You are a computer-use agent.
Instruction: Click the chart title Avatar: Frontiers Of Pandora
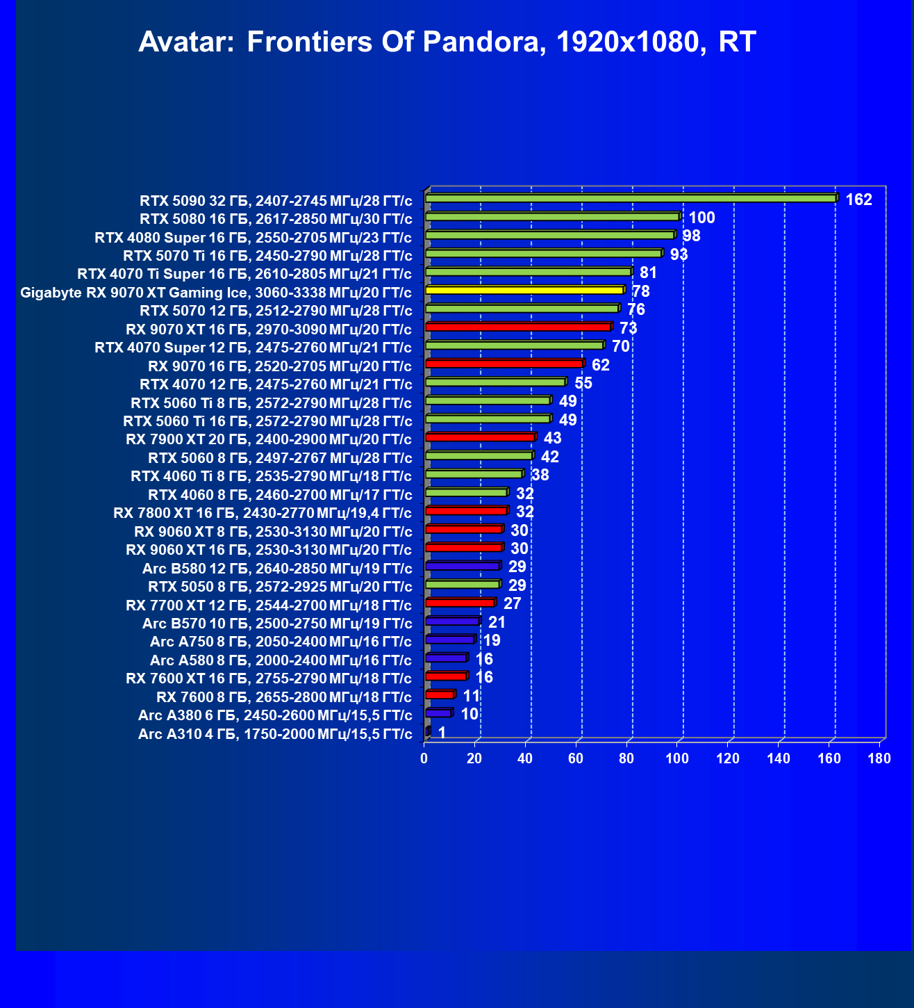(447, 42)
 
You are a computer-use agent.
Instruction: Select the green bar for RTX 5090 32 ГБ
(631, 199)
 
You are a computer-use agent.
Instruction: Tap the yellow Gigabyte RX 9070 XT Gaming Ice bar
(524, 291)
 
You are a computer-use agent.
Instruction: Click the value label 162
(858, 200)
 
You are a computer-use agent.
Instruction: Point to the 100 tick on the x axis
(677, 758)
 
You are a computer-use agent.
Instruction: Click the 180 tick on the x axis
(879, 758)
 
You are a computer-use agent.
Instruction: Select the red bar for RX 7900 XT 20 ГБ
(480, 437)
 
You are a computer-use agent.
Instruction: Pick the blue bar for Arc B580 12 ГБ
(462, 567)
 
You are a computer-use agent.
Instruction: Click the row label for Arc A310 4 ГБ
(275, 734)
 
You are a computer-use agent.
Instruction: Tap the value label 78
(641, 292)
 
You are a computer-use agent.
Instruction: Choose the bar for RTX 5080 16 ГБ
(552, 217)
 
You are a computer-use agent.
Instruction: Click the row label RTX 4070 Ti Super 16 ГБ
(244, 274)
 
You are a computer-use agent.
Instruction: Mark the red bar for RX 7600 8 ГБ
(439, 695)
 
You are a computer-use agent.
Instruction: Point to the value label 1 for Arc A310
(442, 733)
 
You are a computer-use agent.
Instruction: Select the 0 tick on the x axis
(424, 758)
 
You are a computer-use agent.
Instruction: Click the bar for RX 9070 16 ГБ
(504, 364)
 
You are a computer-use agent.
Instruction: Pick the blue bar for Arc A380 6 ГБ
(438, 713)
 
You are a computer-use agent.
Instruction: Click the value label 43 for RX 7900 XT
(553, 439)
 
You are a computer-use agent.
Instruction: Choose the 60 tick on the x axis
(576, 758)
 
